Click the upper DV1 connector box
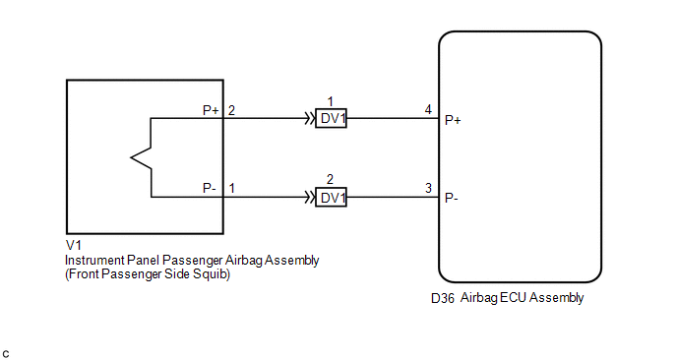(x=332, y=118)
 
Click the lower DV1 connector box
(x=332, y=198)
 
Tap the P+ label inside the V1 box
(x=212, y=110)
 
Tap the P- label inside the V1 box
(x=210, y=188)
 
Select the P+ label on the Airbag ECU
(x=453, y=120)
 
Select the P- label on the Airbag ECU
(x=452, y=198)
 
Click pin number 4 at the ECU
(x=428, y=109)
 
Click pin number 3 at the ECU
(x=428, y=188)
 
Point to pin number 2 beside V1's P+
(x=231, y=110)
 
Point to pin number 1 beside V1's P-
(x=232, y=188)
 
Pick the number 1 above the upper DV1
(x=331, y=102)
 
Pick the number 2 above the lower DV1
(x=330, y=179)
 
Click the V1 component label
(x=74, y=245)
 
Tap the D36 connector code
(x=443, y=298)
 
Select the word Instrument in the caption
(x=94, y=261)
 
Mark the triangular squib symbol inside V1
(x=141, y=157)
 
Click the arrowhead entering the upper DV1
(x=310, y=118)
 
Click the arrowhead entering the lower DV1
(x=310, y=198)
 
